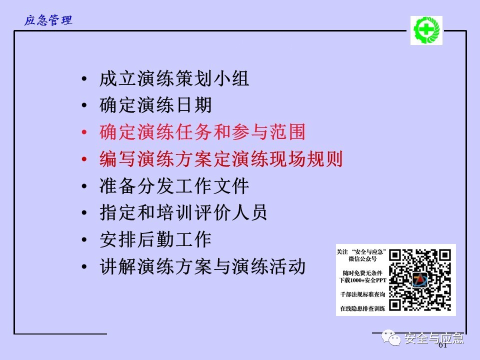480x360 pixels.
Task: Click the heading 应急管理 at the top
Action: tap(48, 20)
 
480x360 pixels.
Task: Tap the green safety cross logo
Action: tap(426, 30)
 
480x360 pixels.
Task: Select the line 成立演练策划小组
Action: tap(174, 78)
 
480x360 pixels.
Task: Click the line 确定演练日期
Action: tap(155, 105)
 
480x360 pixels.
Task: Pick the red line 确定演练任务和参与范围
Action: tap(202, 132)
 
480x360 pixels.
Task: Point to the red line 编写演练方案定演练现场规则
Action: tap(221, 159)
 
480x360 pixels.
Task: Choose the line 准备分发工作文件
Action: tap(174, 186)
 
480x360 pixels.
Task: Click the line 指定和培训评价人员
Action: tap(183, 213)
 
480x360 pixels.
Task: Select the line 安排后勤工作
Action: tap(155, 239)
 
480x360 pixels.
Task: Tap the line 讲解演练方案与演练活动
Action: tap(202, 266)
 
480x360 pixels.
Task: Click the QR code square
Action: tap(420, 280)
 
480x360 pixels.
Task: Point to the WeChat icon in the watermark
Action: tap(391, 337)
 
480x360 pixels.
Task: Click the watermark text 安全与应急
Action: tap(434, 338)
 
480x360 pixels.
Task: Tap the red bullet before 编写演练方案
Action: tap(84, 159)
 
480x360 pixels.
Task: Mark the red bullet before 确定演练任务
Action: tap(84, 132)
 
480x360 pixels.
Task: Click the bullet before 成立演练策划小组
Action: tap(84, 79)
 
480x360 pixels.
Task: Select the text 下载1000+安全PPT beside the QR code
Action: tap(363, 280)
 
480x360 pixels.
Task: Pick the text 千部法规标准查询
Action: tap(363, 294)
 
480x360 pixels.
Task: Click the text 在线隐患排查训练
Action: tap(363, 308)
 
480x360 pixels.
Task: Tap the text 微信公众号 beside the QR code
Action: tap(363, 259)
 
